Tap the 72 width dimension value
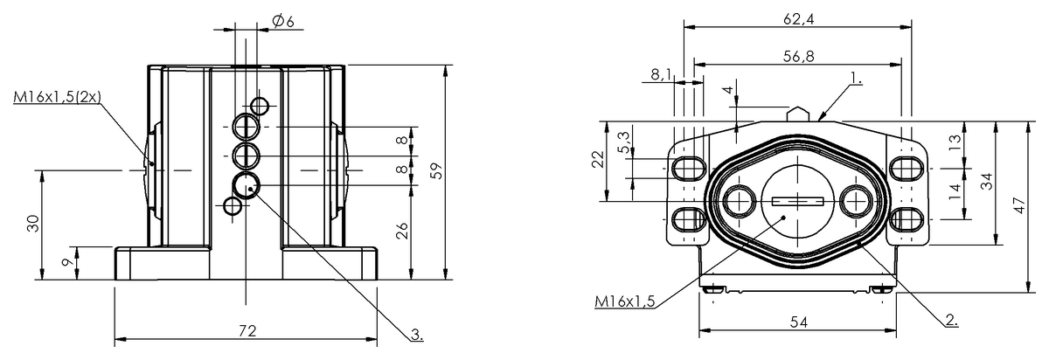click(x=247, y=330)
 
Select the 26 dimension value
click(x=401, y=232)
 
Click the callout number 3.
click(x=417, y=334)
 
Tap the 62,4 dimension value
click(x=796, y=18)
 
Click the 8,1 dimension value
click(x=661, y=75)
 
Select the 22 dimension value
click(x=597, y=160)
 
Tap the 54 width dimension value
click(x=798, y=322)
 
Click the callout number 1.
click(x=854, y=79)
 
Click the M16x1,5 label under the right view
click(x=625, y=301)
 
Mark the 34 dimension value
click(x=985, y=182)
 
